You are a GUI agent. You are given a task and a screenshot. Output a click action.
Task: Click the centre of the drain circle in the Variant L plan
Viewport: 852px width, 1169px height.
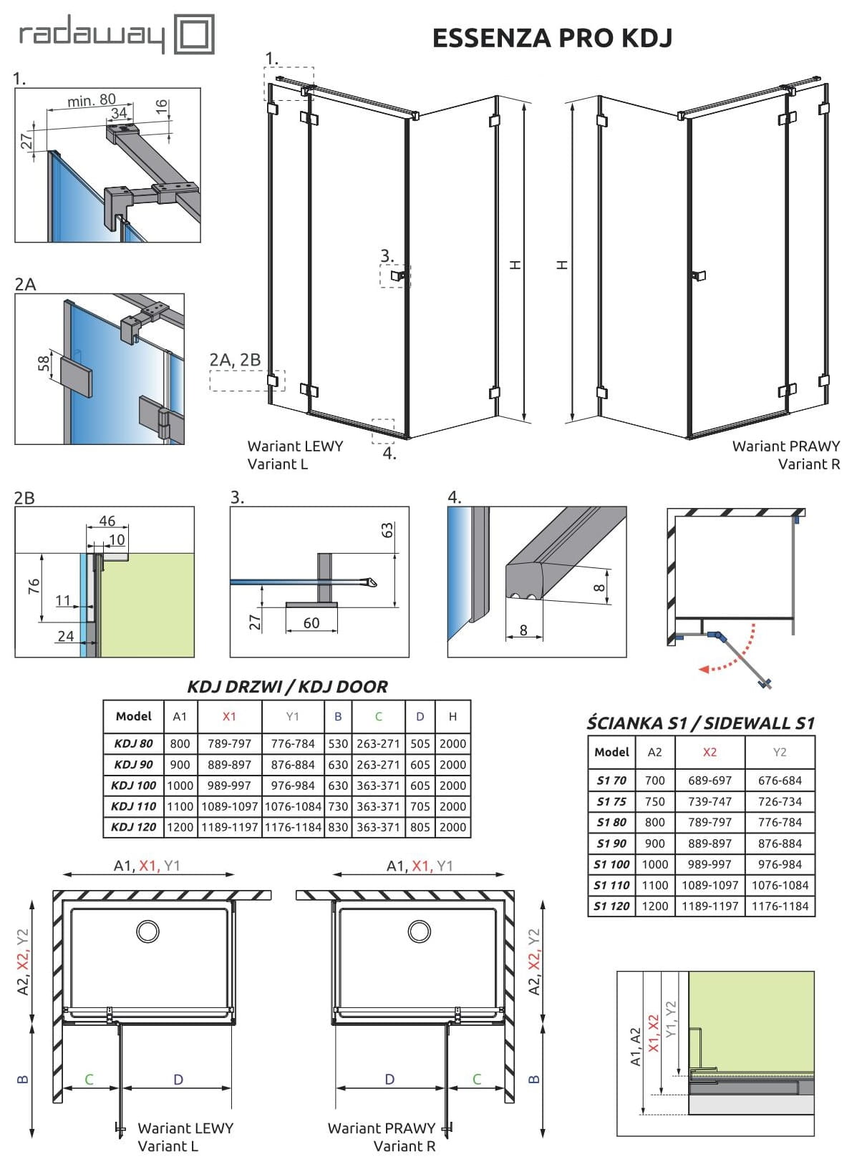(x=147, y=931)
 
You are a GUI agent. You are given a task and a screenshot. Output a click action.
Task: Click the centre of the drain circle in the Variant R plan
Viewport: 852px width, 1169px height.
(x=420, y=931)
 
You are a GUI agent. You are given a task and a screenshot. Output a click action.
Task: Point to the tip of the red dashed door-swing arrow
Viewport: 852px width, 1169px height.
(x=700, y=669)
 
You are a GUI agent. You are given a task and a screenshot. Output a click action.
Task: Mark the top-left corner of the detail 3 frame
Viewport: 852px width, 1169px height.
(x=231, y=507)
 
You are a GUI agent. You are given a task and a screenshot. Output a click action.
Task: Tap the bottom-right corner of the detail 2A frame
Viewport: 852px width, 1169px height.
(x=185, y=444)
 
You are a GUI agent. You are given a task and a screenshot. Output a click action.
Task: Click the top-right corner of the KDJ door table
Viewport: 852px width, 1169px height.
(x=470, y=701)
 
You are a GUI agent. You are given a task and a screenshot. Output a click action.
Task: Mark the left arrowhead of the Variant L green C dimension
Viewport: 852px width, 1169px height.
(x=64, y=1088)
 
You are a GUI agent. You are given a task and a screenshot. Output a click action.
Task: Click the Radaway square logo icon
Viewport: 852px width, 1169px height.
(x=194, y=34)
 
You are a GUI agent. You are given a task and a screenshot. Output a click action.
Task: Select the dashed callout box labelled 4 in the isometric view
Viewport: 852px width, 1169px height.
(x=383, y=431)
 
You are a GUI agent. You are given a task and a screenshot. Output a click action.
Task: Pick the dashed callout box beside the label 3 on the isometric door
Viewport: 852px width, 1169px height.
(x=395, y=276)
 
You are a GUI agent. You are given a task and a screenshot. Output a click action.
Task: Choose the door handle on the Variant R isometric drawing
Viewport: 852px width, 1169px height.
(x=698, y=275)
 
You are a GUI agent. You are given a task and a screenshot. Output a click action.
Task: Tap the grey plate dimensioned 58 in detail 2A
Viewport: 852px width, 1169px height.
(x=77, y=375)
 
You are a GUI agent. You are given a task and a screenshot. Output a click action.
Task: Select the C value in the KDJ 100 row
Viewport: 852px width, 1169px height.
(x=378, y=786)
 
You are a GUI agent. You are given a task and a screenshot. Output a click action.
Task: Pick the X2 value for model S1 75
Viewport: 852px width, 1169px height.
(x=710, y=801)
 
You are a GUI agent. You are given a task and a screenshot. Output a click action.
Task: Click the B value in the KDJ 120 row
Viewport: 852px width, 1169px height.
(x=338, y=827)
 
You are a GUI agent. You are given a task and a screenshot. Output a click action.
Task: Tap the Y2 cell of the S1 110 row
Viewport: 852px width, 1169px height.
(x=780, y=885)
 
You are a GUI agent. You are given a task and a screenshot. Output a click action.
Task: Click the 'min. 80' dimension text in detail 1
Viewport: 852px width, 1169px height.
(x=92, y=99)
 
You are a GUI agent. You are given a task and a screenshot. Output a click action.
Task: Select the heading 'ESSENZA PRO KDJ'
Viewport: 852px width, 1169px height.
(x=553, y=38)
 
